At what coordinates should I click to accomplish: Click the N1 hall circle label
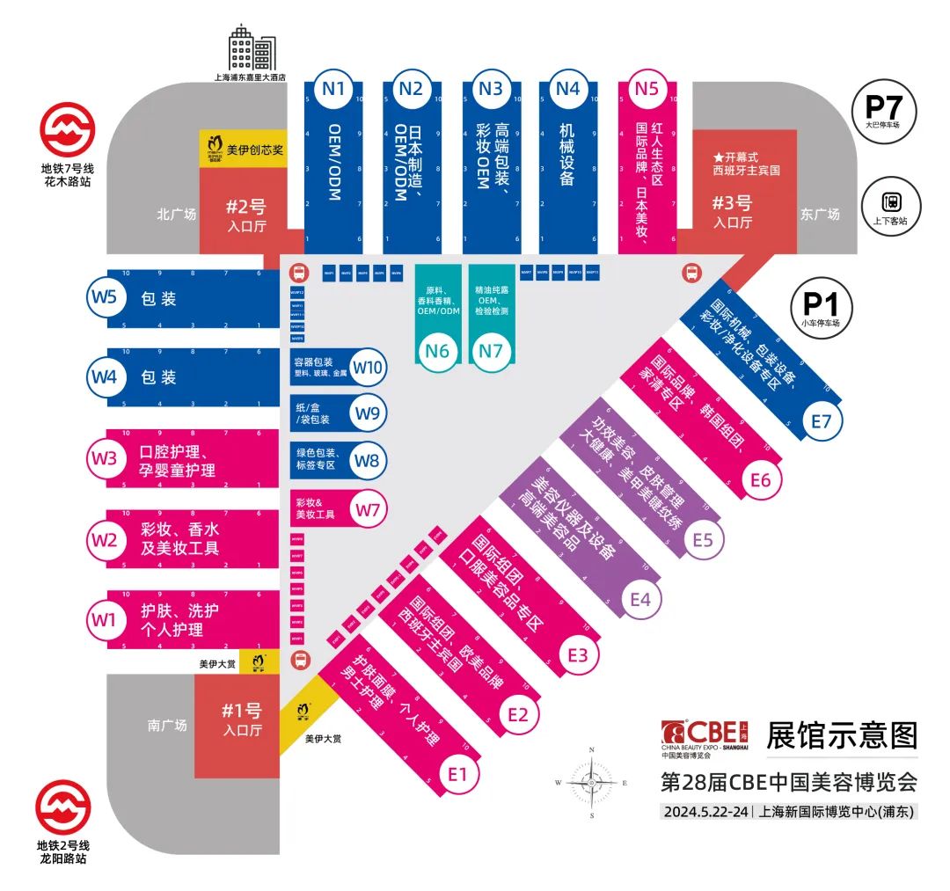333,88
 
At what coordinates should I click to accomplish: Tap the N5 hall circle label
647,88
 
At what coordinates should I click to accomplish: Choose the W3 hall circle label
104,458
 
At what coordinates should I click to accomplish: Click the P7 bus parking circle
884,110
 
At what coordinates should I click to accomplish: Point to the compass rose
592,781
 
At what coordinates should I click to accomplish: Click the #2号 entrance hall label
245,215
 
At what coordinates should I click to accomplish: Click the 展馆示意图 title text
842,734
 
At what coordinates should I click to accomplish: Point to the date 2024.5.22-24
705,812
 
